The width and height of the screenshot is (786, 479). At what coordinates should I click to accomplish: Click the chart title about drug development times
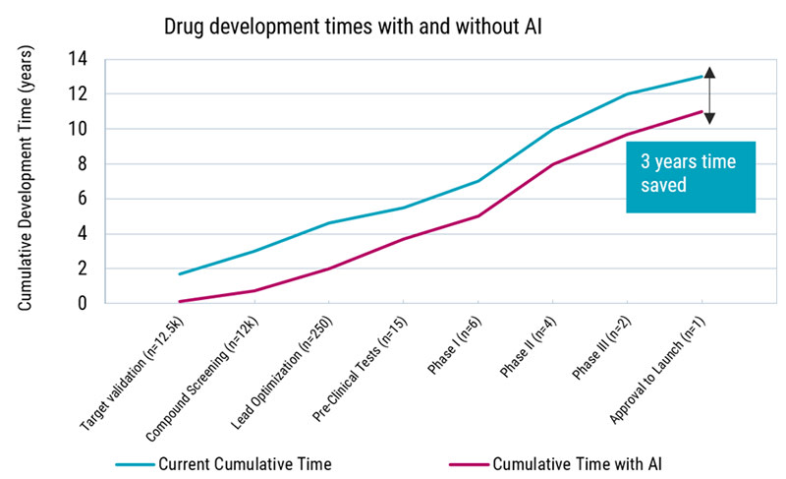pos(353,28)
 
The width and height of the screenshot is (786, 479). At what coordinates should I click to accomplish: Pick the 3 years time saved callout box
pos(691,174)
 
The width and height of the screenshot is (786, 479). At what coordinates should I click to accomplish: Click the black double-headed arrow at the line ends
pos(709,94)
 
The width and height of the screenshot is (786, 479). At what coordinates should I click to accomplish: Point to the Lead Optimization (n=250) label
pos(287,370)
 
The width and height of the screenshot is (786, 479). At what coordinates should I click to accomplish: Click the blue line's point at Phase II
pos(552,129)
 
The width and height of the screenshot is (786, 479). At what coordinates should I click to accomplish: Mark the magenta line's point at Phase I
pos(477,216)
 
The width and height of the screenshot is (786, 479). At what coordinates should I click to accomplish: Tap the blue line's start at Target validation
pos(180,274)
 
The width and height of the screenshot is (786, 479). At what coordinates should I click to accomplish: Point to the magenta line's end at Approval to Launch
pos(702,111)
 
